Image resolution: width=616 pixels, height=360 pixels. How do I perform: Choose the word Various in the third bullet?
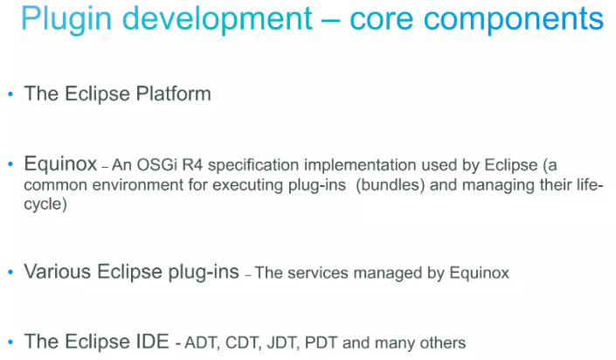pos(56,272)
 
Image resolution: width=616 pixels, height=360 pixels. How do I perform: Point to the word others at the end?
pos(444,343)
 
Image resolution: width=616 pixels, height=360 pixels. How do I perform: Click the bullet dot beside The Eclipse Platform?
pos(10,94)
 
